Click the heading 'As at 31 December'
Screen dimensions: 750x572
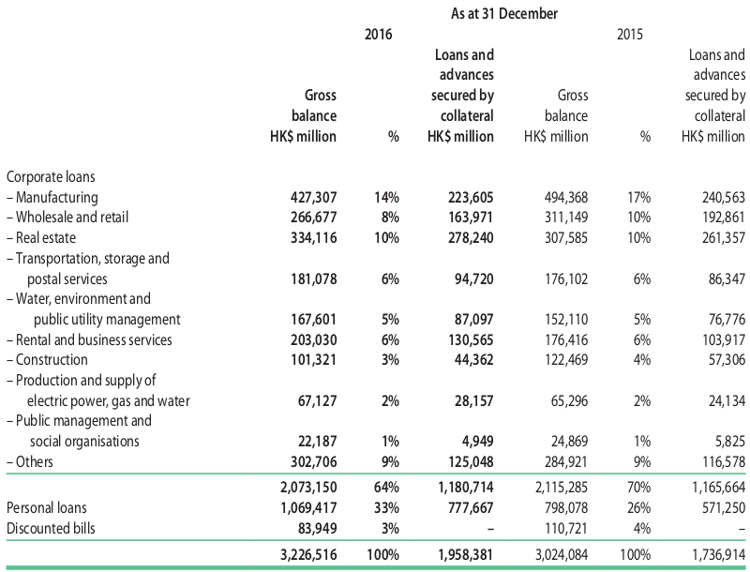pyautogui.click(x=504, y=13)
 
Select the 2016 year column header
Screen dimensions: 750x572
pyautogui.click(x=378, y=35)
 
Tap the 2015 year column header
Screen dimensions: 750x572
pyautogui.click(x=630, y=35)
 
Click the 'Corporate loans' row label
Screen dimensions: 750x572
pyautogui.click(x=51, y=177)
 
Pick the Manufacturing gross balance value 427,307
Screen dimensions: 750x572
pyautogui.click(x=313, y=197)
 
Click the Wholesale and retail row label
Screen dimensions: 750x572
pyautogui.click(x=67, y=218)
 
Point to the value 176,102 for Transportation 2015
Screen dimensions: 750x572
pyautogui.click(x=566, y=278)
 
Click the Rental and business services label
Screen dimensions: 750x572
pyautogui.click(x=89, y=339)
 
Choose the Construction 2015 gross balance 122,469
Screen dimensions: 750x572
pyautogui.click(x=566, y=360)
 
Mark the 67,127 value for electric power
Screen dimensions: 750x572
pyautogui.click(x=317, y=400)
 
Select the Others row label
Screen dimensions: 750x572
pyautogui.click(x=30, y=461)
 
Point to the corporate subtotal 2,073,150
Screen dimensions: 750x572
pyautogui.click(x=308, y=487)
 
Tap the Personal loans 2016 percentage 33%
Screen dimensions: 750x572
pyautogui.click(x=386, y=507)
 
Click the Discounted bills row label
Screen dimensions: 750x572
pyautogui.click(x=51, y=528)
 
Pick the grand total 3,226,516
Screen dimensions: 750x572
pyautogui.click(x=308, y=555)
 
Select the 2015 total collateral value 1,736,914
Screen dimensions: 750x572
pyautogui.click(x=718, y=555)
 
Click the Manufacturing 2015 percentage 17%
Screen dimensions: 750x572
pyautogui.click(x=638, y=197)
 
